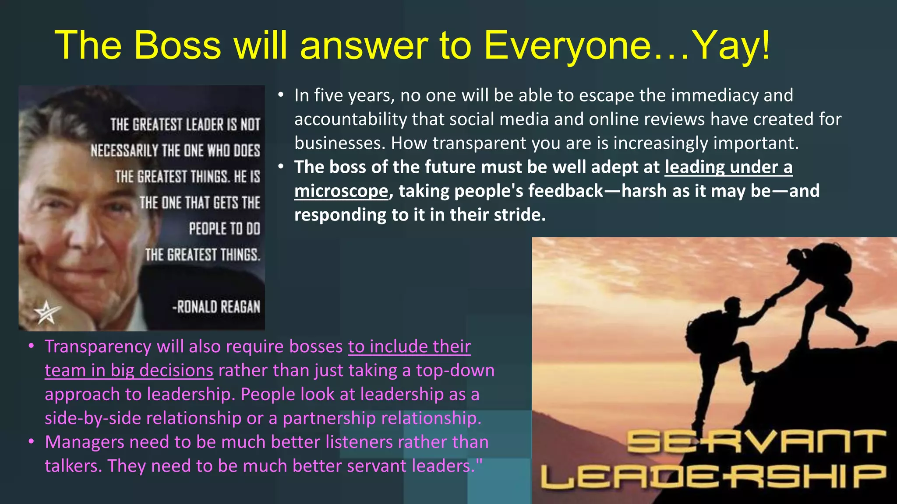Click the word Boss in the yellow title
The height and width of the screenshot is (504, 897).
coord(177,45)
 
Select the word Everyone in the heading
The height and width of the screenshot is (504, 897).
coord(568,46)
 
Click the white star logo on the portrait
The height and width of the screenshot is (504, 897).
coord(46,312)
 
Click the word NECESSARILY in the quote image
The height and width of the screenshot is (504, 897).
coord(124,151)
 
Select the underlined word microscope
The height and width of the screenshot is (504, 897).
coord(341,191)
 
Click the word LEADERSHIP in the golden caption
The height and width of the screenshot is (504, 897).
coord(714,476)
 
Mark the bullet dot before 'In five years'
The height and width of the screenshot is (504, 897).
coord(281,95)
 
